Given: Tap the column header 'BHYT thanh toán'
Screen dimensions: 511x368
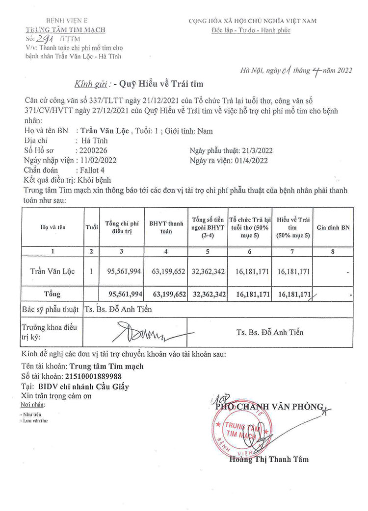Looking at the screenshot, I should pos(166,227).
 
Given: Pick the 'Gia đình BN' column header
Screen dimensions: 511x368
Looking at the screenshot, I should pos(333,227).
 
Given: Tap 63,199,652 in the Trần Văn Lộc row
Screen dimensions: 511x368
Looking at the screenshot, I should pos(166,271).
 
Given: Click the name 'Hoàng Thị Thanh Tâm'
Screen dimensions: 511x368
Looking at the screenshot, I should pos(269,459).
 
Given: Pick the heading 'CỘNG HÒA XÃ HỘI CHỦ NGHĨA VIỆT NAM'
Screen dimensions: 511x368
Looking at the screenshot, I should pos(252,21).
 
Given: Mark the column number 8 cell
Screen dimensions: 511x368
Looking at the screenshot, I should pos(333,250).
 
